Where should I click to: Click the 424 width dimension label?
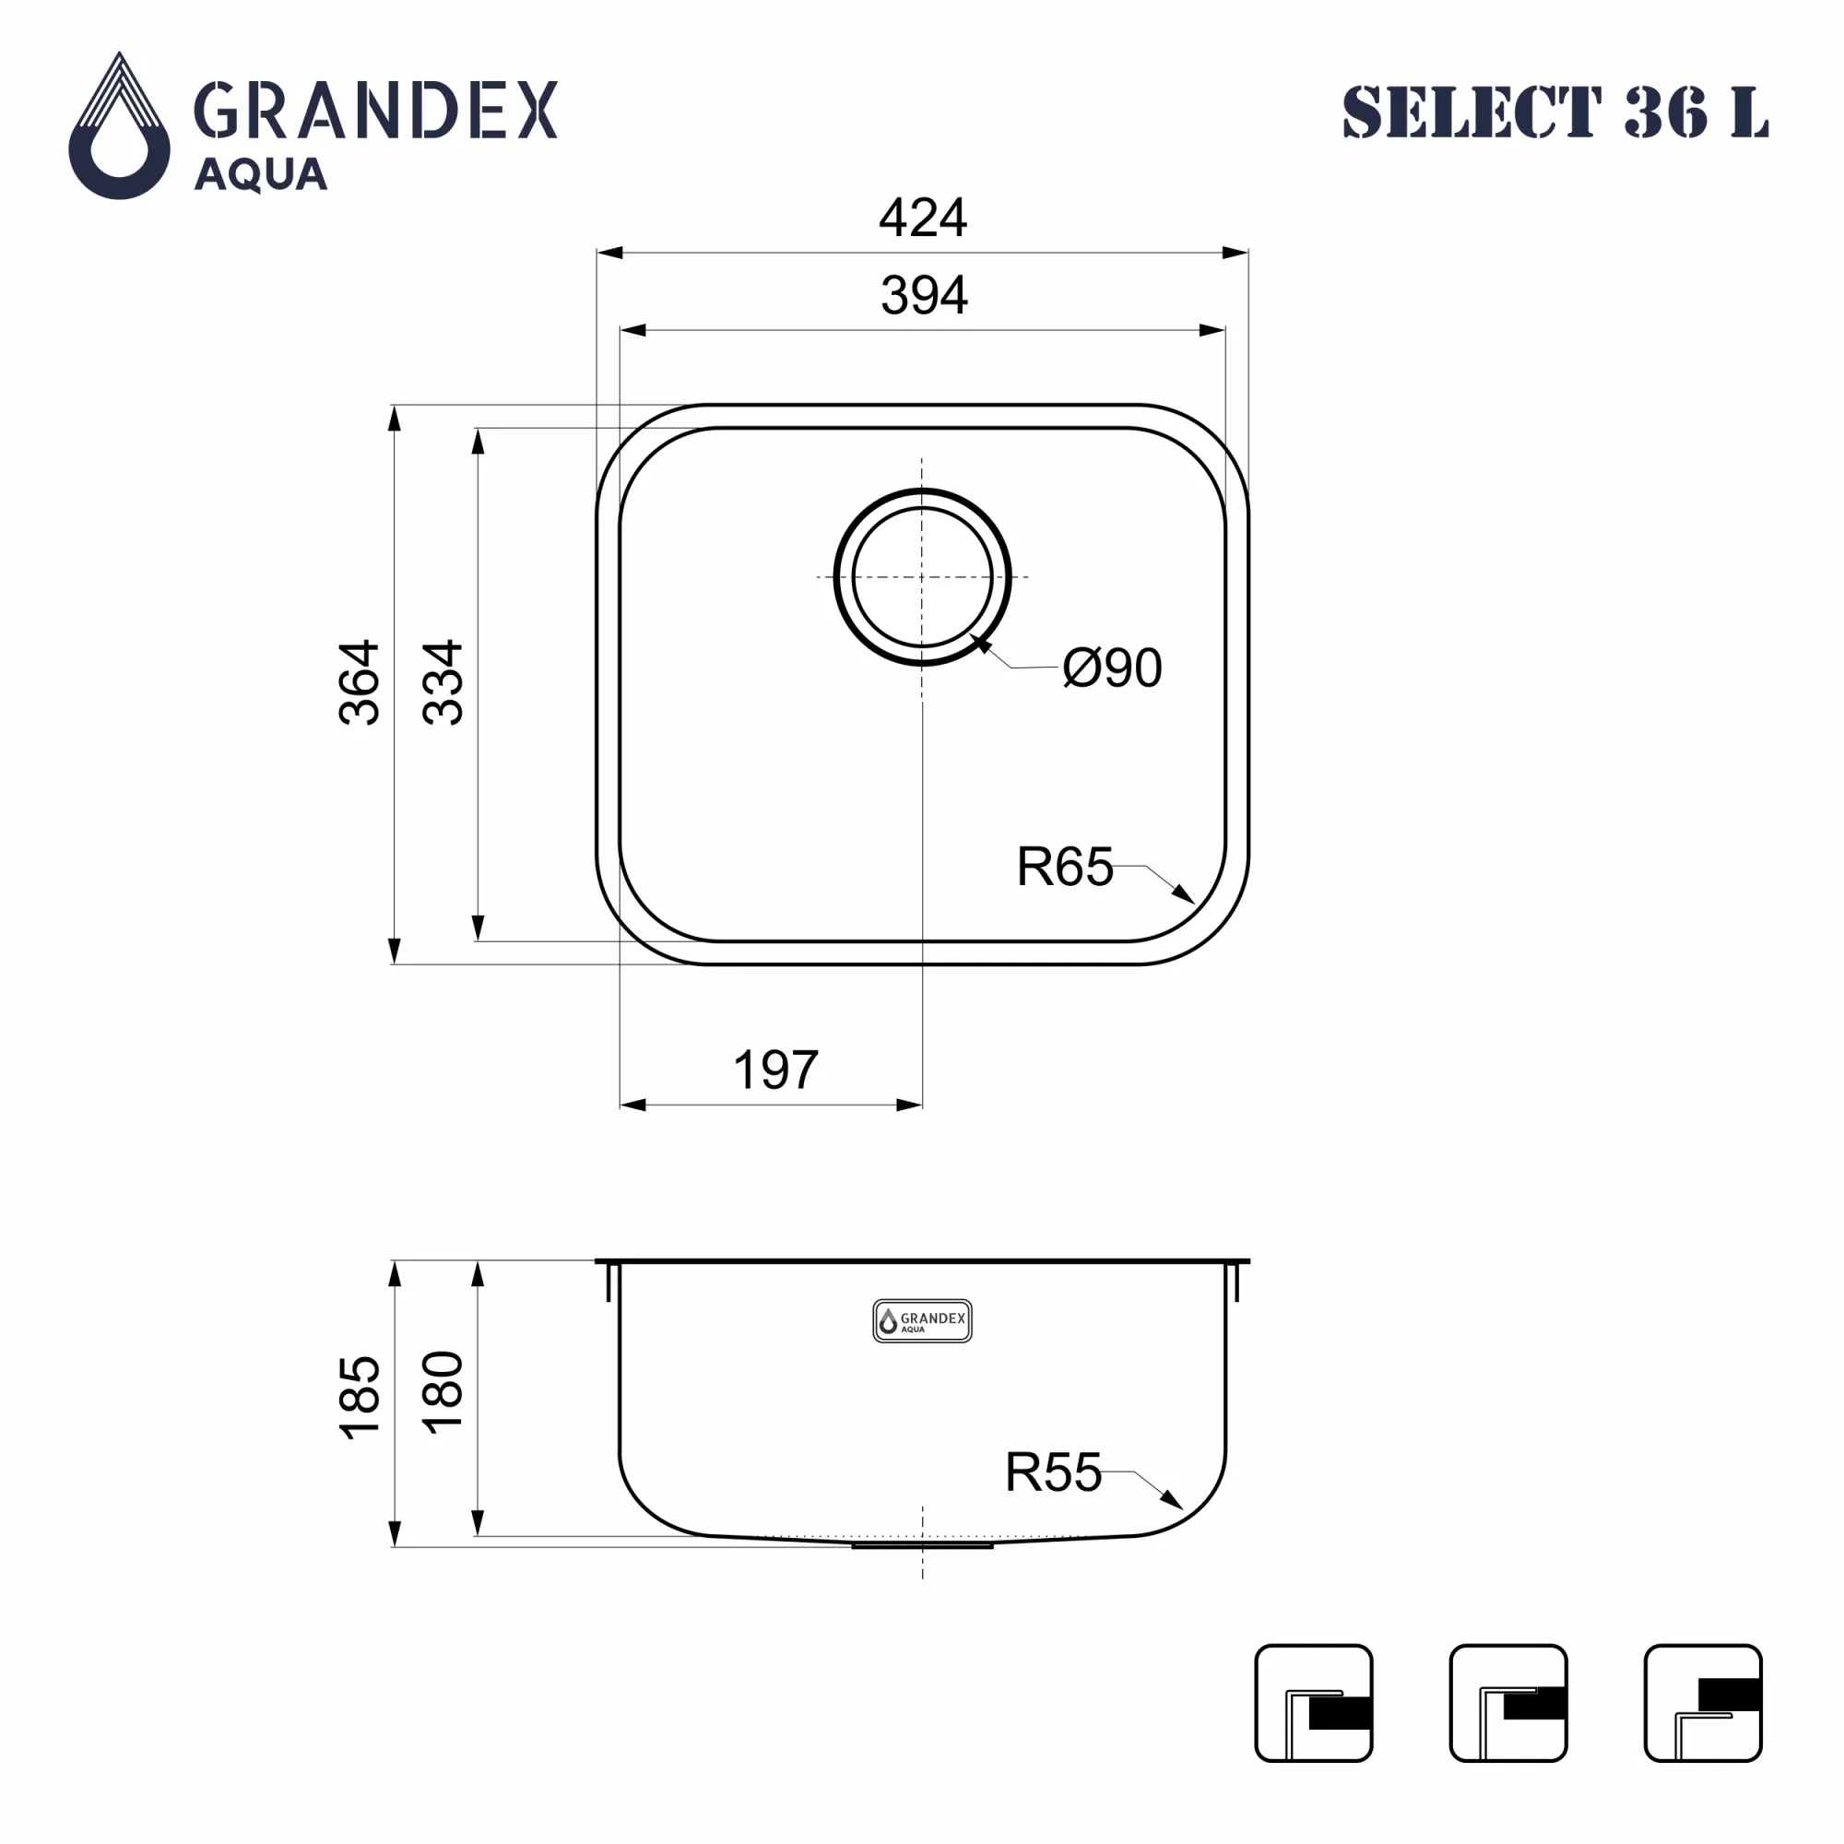click(x=922, y=218)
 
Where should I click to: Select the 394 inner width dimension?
click(x=924, y=295)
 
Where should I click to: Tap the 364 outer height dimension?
click(x=360, y=682)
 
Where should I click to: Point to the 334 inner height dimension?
click(x=443, y=682)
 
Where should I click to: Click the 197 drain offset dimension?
click(x=775, y=1070)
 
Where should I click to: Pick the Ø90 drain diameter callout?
click(x=1112, y=668)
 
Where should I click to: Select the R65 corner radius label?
click(x=1064, y=867)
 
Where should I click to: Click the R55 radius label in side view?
click(x=1053, y=1472)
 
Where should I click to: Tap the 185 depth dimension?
click(x=360, y=1396)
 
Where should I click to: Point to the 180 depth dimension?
click(x=443, y=1392)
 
